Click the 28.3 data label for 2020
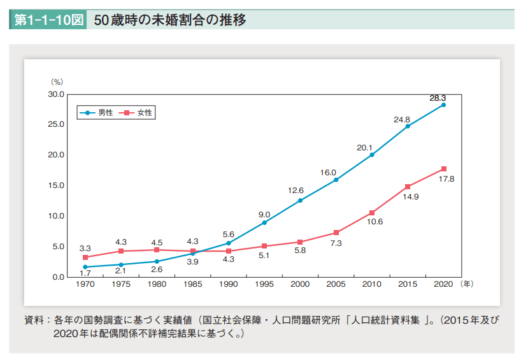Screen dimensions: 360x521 438,98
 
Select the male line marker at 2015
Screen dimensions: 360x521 408,126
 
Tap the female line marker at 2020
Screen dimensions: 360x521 443,169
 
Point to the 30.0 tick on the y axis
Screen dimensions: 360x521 57,94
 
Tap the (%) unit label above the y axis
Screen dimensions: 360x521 57,82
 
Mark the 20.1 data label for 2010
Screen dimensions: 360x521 364,147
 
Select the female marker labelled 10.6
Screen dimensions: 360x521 372,213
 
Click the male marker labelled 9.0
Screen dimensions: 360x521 264,222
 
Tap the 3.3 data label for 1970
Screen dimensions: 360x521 85,248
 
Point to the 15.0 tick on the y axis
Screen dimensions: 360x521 57,185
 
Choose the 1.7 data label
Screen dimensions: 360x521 85,273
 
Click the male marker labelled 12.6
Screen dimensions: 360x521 300,201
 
